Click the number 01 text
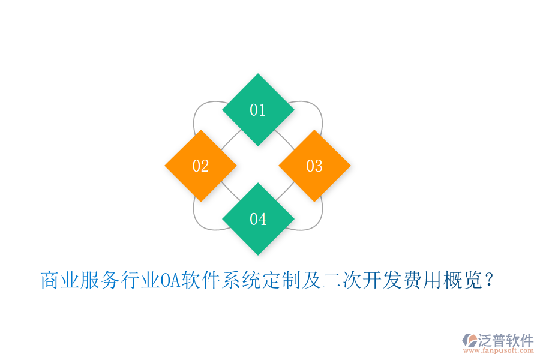coord(258,110)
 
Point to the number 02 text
coord(200,166)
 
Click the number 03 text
coord(314,166)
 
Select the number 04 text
coord(258,219)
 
